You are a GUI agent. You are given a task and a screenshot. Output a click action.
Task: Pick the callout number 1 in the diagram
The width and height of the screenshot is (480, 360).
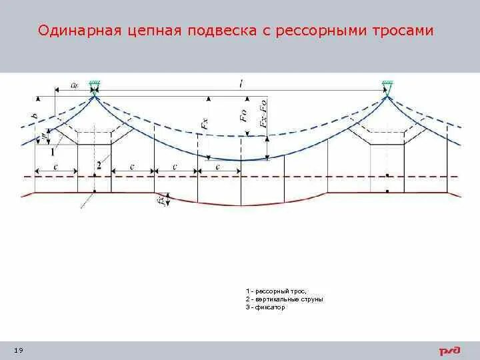pos(52,151)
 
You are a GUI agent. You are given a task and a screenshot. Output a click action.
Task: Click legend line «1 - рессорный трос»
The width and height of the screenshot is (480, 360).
pos(271,291)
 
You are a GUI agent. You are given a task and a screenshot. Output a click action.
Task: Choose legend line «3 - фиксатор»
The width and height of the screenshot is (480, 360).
pos(265,307)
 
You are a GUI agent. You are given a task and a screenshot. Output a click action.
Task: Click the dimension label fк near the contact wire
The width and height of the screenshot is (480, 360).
pos(160,199)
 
